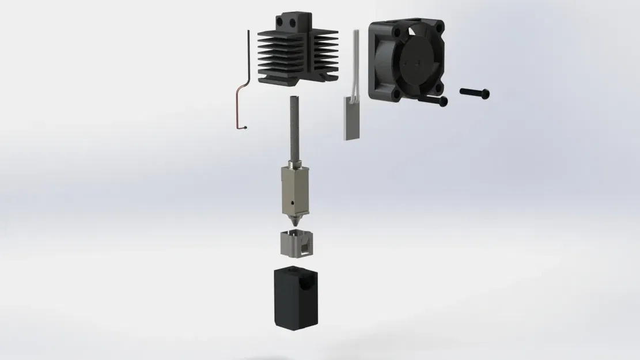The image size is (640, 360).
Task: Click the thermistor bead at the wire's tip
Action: pyautogui.click(x=246, y=127)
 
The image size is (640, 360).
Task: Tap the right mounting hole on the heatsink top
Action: pyautogui.click(x=296, y=25)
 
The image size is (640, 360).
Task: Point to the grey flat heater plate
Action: pyautogui.click(x=350, y=118)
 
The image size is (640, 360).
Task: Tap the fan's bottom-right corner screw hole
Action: pyautogui.click(x=438, y=89)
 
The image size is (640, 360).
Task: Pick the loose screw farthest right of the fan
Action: pyautogui.click(x=475, y=92)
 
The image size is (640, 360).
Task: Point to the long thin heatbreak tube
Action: pyautogui.click(x=297, y=130)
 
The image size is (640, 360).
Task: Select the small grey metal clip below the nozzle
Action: pyautogui.click(x=296, y=244)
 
